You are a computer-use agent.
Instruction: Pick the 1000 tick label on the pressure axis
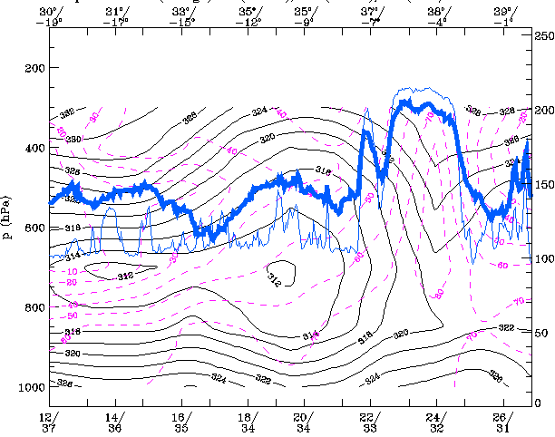[x=30, y=387]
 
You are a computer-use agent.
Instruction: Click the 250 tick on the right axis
[x=544, y=34]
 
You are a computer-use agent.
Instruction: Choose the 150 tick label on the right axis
[x=544, y=185]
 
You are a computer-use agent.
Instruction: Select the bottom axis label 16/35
[x=182, y=422]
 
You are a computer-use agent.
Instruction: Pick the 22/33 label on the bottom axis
[x=368, y=422]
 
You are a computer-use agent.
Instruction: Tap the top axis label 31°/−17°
[x=117, y=16]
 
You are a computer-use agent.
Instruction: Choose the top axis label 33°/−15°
[x=183, y=16]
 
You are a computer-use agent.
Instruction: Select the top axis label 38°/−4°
[x=436, y=16]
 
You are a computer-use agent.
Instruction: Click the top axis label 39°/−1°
[x=502, y=16]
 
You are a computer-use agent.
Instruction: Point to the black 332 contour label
[x=66, y=114]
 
